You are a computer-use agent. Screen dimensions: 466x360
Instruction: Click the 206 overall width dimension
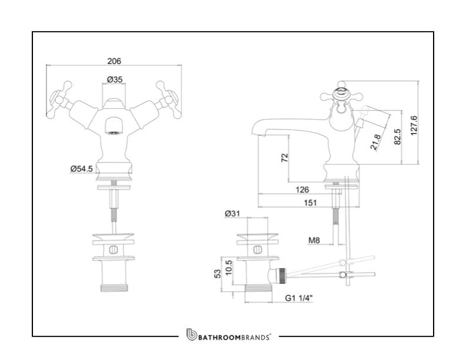tap(114, 61)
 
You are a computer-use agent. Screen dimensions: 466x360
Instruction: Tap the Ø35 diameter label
tap(114, 79)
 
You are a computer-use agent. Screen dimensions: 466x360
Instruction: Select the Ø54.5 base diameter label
tap(82, 169)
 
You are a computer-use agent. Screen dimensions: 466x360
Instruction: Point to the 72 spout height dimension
tap(285, 157)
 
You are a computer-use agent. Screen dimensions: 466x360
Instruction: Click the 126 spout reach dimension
tap(302, 189)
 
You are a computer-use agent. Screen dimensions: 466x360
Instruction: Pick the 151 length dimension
tap(310, 202)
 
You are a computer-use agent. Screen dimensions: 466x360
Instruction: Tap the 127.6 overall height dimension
tap(414, 125)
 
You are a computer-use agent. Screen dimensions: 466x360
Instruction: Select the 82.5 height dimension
tap(397, 136)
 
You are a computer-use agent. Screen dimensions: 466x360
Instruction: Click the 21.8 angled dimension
tap(375, 142)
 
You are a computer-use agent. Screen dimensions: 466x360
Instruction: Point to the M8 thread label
tap(314, 240)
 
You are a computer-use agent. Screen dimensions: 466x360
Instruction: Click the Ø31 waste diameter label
tap(232, 214)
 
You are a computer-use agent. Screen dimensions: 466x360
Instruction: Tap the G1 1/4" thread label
tap(299, 298)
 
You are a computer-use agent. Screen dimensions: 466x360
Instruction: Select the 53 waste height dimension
tap(218, 274)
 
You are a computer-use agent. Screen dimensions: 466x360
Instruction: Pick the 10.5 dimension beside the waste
tap(228, 268)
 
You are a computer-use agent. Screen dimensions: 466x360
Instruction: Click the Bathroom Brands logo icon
tap(191, 335)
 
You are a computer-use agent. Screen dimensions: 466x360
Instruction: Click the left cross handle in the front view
tap(61, 99)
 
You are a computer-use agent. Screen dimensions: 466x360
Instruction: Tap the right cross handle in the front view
tap(168, 99)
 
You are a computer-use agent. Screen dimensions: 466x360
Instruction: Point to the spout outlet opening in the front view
tap(114, 133)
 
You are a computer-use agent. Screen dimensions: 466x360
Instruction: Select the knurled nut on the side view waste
tap(281, 274)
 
